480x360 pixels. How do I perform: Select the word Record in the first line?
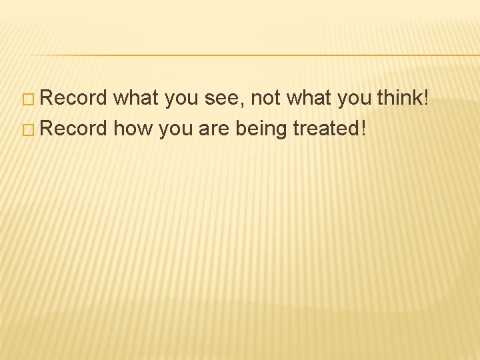tap(73, 99)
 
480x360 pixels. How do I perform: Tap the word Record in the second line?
tap(73, 127)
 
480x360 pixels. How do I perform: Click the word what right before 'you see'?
tap(135, 99)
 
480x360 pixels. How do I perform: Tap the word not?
tap(265, 99)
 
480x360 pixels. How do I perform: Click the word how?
tap(133, 127)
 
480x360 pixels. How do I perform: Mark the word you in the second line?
tap(175, 129)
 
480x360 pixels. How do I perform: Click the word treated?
tap(325, 127)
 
